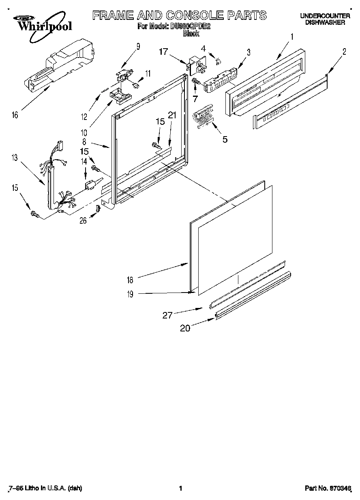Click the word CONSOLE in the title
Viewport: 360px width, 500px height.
point(190,15)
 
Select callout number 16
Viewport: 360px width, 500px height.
point(15,115)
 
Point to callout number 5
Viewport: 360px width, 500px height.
point(224,139)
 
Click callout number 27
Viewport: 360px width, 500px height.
point(168,315)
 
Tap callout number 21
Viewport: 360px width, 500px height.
point(172,115)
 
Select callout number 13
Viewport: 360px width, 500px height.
point(15,158)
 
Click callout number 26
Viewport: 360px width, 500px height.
point(83,221)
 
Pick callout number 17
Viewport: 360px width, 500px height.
point(163,51)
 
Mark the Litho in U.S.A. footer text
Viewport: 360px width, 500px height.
point(45,488)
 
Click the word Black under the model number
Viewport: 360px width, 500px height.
point(191,34)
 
